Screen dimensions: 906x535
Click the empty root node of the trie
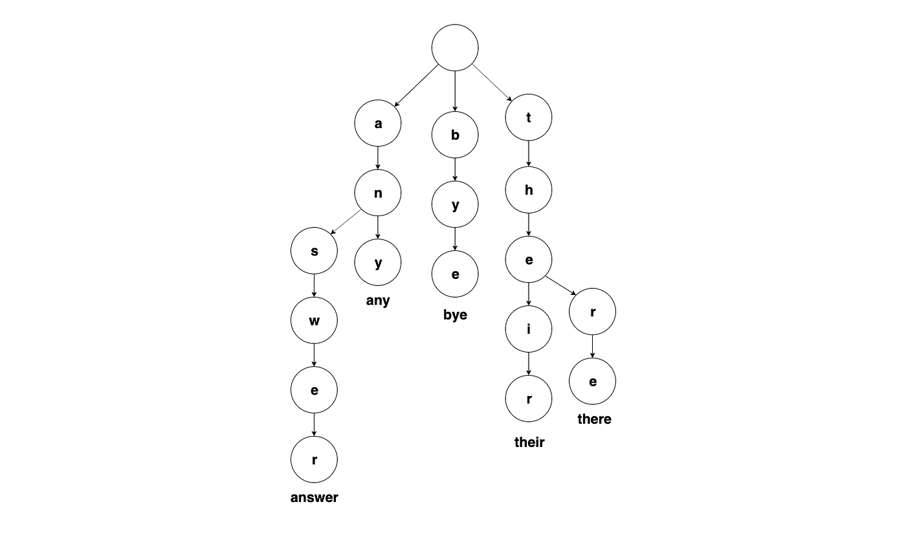click(455, 47)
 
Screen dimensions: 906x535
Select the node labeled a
click(378, 124)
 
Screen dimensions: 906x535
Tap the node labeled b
click(455, 135)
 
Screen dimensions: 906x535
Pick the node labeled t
click(529, 118)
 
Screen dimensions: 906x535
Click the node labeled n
click(378, 193)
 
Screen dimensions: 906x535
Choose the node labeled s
click(315, 251)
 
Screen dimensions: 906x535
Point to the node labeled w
click(315, 320)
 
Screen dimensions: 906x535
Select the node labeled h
click(529, 190)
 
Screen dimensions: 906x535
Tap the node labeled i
click(529, 329)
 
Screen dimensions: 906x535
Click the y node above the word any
click(378, 263)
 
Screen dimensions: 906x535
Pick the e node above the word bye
click(455, 274)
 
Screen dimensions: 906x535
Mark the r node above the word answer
click(315, 459)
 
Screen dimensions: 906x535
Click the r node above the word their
click(529, 399)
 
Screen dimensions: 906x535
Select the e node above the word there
click(592, 381)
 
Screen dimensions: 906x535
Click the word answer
click(315, 497)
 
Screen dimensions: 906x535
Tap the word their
click(529, 442)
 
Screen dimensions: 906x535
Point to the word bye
click(455, 315)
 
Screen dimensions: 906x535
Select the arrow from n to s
click(346, 221)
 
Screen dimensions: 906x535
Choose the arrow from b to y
click(455, 170)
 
